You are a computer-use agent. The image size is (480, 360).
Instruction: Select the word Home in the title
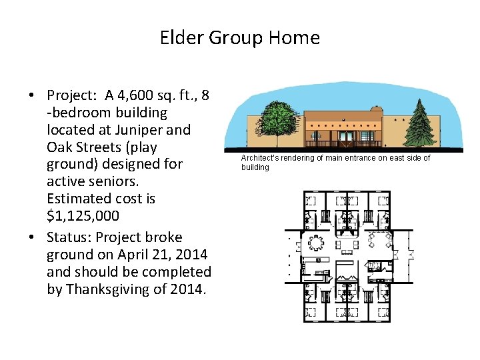tap(294, 38)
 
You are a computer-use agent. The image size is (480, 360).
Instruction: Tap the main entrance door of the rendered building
tap(345, 139)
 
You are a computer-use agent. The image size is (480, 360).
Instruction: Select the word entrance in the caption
tap(358, 158)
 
